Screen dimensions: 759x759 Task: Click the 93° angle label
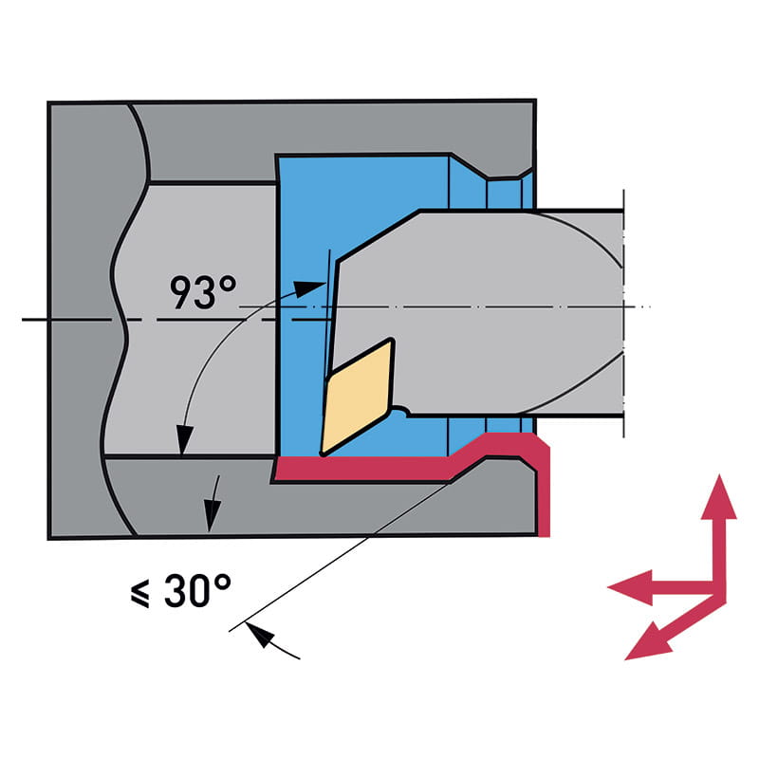(203, 293)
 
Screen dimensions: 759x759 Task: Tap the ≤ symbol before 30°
(140, 593)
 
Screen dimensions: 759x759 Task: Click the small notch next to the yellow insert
(402, 413)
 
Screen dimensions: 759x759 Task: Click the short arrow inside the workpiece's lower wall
(213, 503)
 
